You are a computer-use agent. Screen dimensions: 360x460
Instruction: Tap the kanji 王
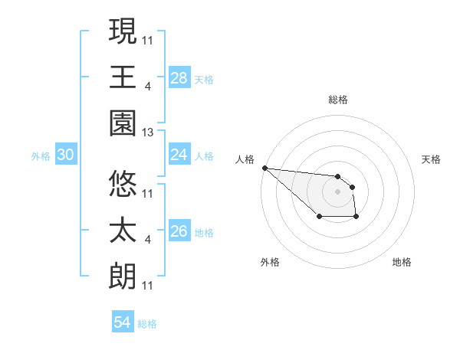[x=123, y=77]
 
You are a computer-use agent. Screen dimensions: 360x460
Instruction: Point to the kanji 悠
[x=123, y=183]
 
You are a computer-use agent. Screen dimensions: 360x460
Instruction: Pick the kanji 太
[x=123, y=231]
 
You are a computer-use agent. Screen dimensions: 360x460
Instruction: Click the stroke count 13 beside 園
[x=148, y=133]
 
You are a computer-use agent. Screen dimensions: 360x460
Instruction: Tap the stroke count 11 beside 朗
[x=148, y=285]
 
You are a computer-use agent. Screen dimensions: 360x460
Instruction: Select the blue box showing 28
[x=179, y=77]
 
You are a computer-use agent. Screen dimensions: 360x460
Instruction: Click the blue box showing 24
[x=179, y=155]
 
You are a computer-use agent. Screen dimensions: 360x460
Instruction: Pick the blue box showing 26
[x=179, y=231]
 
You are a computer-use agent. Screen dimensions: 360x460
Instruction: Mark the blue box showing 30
[x=65, y=155]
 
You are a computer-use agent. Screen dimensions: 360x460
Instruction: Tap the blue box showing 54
[x=123, y=322]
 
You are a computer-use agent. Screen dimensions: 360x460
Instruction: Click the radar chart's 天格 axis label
[x=432, y=159]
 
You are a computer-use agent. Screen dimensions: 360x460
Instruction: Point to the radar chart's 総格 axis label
[x=338, y=100]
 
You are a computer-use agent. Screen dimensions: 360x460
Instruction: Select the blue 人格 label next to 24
[x=204, y=155]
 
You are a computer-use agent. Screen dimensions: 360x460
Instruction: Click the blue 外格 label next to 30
[x=41, y=155]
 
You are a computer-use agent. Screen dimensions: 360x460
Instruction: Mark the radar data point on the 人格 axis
[x=264, y=168]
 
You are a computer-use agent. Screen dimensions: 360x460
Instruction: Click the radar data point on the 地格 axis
[x=356, y=218]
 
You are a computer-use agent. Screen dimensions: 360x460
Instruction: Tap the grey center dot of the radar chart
[x=337, y=191]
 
